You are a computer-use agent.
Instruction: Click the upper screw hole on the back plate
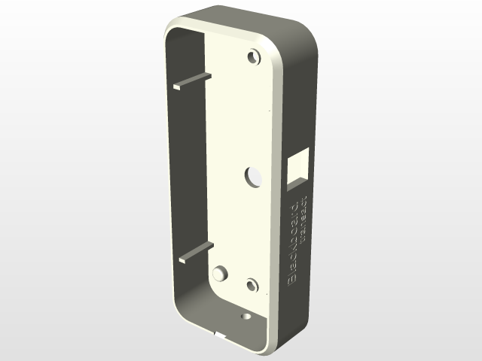(x=253, y=57)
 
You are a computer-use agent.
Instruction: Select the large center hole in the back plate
(x=252, y=176)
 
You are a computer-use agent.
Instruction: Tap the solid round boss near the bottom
(x=220, y=274)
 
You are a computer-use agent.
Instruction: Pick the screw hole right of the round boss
(x=252, y=285)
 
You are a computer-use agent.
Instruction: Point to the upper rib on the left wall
(x=192, y=81)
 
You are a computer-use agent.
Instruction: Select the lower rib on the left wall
(x=196, y=253)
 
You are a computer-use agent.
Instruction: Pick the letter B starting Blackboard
(x=295, y=279)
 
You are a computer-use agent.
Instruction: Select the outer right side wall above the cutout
(x=301, y=98)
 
